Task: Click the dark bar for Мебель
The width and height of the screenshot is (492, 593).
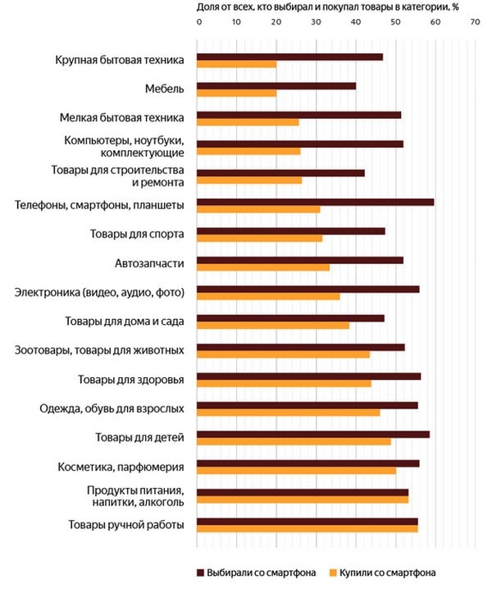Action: tap(276, 86)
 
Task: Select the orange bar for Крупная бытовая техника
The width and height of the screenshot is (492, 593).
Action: tap(237, 65)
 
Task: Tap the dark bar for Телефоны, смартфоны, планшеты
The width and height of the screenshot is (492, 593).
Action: tap(316, 203)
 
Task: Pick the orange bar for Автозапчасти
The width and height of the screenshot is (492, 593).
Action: tap(263, 267)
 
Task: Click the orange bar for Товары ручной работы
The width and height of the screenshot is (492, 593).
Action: tap(307, 529)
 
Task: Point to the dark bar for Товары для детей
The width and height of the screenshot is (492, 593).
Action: tap(313, 435)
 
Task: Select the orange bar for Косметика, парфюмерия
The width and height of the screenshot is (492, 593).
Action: tap(297, 471)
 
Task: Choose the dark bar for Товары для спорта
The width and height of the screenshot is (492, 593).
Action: tap(291, 231)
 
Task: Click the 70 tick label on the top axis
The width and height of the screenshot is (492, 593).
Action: tap(475, 22)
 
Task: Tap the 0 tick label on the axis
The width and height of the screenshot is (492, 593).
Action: tap(199, 22)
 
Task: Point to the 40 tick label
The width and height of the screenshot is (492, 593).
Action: tap(356, 22)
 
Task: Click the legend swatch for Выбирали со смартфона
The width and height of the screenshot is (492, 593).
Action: tap(200, 572)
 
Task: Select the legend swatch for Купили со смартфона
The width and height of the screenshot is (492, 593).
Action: tap(333, 572)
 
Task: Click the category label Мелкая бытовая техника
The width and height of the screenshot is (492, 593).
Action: tap(122, 117)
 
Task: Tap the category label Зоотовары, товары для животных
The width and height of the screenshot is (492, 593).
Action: tap(99, 350)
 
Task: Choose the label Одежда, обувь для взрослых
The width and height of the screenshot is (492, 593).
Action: tap(112, 408)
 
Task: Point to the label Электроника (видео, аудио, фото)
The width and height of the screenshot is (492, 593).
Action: tap(99, 292)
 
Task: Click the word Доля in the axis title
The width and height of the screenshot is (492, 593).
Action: tap(206, 7)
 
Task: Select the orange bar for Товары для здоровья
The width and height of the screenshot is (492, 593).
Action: tap(284, 384)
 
